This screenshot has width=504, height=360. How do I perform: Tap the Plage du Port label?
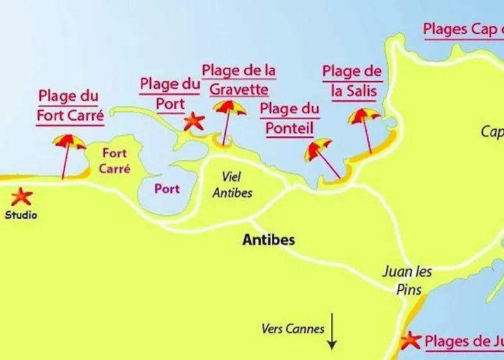click(x=170, y=94)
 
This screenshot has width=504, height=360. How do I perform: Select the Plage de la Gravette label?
click(x=239, y=80)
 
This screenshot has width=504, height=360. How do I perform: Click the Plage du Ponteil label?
click(x=289, y=118)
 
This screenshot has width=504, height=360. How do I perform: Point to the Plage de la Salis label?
click(x=352, y=81)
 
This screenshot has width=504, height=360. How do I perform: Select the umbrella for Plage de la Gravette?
click(x=230, y=109)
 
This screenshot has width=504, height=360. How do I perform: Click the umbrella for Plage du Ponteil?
click(x=319, y=150)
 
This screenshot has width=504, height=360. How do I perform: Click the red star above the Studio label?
click(x=22, y=196)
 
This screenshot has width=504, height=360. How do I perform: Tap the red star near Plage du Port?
click(x=194, y=121)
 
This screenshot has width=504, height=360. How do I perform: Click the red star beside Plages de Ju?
click(x=411, y=340)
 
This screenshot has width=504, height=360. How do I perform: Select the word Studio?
click(x=22, y=215)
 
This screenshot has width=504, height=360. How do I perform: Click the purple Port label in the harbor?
click(x=167, y=189)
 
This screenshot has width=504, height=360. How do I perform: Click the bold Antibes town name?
click(x=269, y=240)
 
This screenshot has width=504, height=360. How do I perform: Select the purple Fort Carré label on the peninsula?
click(x=116, y=161)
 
